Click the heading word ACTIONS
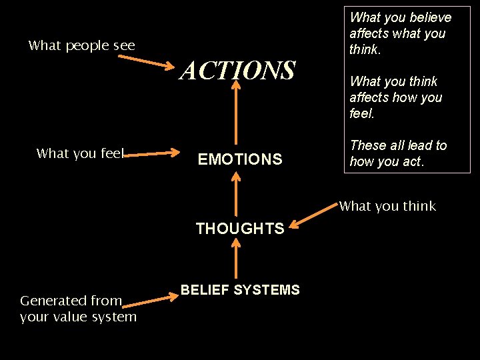pos(237,70)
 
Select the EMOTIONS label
pos(240,159)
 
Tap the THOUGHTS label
pos(240,229)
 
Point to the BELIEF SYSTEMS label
pos(241,289)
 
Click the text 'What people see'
pos(81,45)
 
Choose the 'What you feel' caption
pos(80,153)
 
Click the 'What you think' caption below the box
pos(387,206)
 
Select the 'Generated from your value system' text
pos(78,309)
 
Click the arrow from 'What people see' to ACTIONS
pos(149,62)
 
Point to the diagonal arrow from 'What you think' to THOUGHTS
pos(316,216)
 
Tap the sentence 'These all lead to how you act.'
pos(398,153)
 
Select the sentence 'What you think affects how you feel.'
pos(395,97)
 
